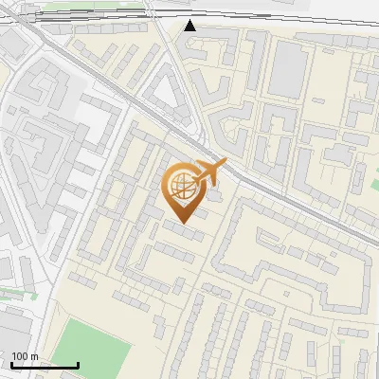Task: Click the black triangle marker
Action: click(190, 26)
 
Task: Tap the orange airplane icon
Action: click(209, 172)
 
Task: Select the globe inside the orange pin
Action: click(180, 187)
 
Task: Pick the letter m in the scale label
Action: click(36, 356)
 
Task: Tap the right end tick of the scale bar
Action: click(78, 364)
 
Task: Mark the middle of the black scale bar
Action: click(45, 365)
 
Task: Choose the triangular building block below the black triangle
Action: click(170, 94)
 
